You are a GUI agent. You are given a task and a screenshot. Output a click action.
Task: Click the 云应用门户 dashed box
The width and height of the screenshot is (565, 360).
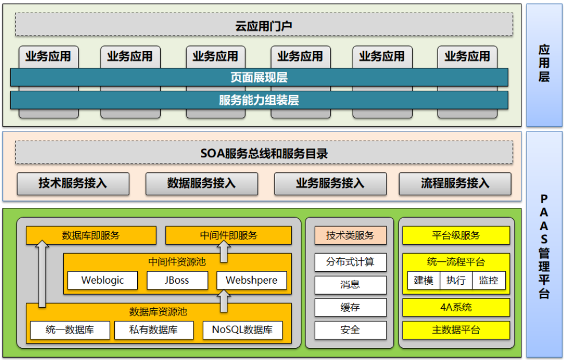click(x=264, y=25)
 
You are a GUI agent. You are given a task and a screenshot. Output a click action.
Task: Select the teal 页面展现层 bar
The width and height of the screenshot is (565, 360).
click(x=259, y=78)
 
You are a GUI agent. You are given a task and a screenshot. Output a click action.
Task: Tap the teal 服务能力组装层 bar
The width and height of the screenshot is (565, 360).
click(x=259, y=100)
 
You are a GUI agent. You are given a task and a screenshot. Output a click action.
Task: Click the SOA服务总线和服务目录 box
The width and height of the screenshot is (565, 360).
click(x=264, y=153)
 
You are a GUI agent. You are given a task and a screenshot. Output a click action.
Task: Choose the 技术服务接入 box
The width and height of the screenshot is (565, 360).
click(x=73, y=183)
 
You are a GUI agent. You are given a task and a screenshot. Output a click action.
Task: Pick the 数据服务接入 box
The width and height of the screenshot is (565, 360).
click(x=202, y=183)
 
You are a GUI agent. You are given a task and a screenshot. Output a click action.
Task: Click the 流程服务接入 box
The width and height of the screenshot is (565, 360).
click(x=455, y=183)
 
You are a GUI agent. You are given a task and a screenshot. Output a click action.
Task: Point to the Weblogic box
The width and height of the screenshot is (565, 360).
click(x=103, y=280)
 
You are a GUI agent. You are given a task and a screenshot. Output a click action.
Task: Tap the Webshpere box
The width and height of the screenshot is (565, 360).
click(x=251, y=280)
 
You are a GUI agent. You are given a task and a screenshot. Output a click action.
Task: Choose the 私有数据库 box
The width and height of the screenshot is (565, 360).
click(x=153, y=330)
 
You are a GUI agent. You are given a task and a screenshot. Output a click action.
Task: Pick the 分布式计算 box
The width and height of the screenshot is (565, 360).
click(x=350, y=262)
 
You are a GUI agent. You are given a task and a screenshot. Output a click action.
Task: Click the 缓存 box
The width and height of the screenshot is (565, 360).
click(x=350, y=307)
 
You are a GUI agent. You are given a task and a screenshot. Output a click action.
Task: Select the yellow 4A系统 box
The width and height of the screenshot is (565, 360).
click(x=456, y=307)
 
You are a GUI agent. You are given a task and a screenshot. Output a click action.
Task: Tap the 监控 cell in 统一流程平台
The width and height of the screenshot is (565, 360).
click(x=489, y=281)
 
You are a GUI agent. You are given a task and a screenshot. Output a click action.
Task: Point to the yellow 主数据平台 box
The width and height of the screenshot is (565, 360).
click(x=456, y=330)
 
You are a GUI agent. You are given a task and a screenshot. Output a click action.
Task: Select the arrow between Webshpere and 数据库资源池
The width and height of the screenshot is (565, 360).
click(x=224, y=300)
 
